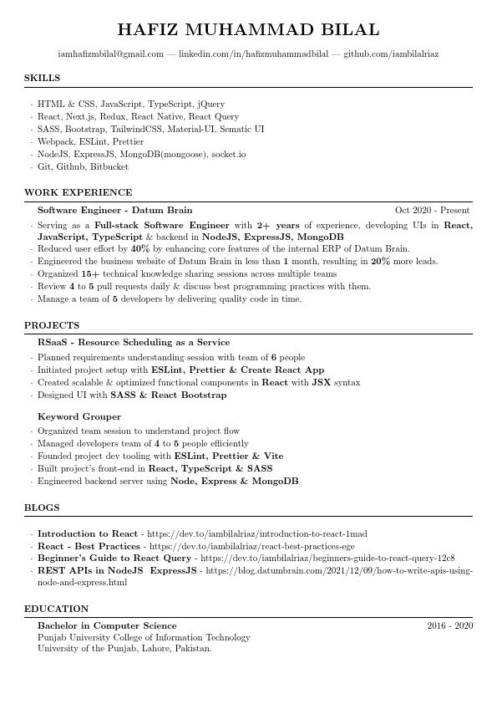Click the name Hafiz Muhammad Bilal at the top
coord(248,30)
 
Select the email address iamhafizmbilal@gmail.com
coord(111,54)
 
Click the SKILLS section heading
coord(42,78)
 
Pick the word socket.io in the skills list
coord(228,155)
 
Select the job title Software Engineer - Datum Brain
coord(114,211)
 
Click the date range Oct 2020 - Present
coord(432,211)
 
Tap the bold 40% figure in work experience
coord(140,249)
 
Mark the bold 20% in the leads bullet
coord(380,262)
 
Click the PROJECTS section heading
coord(52,325)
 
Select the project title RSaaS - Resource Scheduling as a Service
coord(134,343)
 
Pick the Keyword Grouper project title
coord(79,416)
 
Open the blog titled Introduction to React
coord(88,533)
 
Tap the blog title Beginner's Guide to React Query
coord(114,558)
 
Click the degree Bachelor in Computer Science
coord(107,625)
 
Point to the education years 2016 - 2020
coord(449,625)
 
